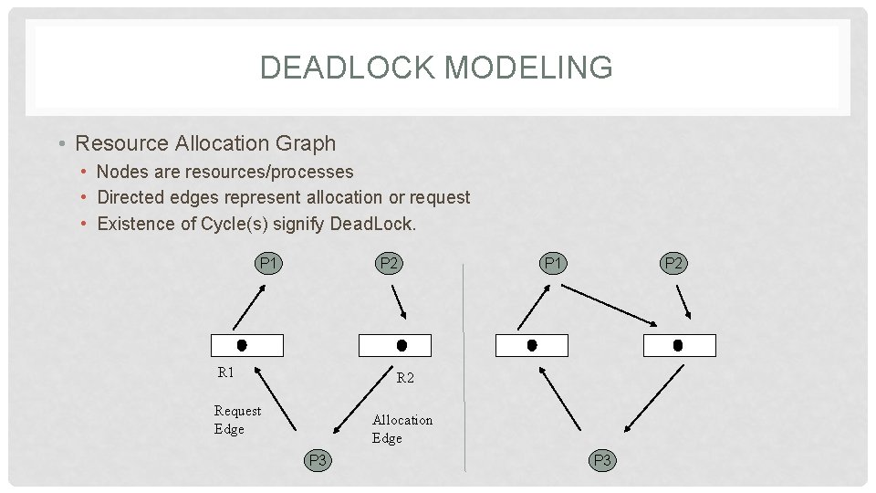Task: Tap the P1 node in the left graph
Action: [x=268, y=264]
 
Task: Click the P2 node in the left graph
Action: [x=390, y=264]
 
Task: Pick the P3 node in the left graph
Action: [x=318, y=460]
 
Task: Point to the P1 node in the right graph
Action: [x=552, y=264]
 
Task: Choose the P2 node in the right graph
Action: [x=673, y=264]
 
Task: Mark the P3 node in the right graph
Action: [x=602, y=460]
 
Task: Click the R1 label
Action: [x=225, y=372]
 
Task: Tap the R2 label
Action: [x=405, y=377]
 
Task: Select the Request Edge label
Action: [x=237, y=420]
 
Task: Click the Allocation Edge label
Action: [x=401, y=429]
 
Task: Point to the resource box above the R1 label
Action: [x=247, y=345]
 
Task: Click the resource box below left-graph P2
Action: [x=395, y=345]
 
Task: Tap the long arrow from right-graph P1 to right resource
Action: [x=610, y=304]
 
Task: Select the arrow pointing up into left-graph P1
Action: [x=249, y=306]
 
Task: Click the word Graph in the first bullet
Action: [x=310, y=143]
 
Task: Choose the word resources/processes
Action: [x=269, y=172]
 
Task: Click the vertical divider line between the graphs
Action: [x=464, y=365]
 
